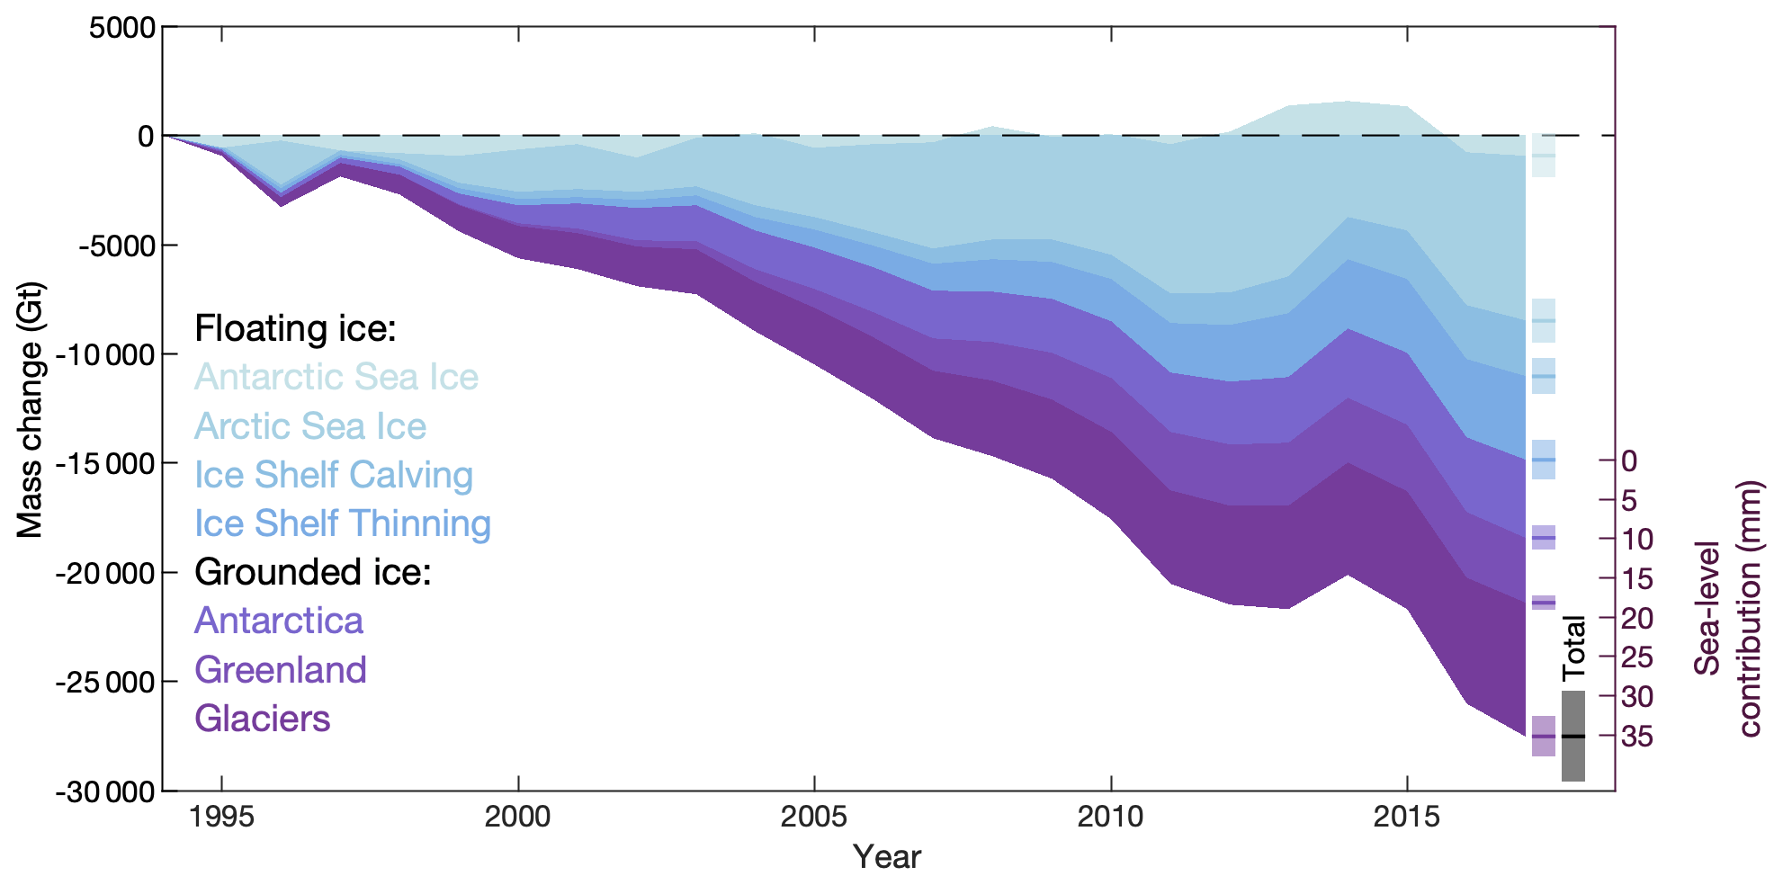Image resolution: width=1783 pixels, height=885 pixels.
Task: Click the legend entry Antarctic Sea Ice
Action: (x=336, y=377)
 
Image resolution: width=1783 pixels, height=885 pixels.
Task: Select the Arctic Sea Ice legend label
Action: (x=310, y=426)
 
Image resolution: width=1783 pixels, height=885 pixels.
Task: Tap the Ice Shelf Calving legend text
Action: (x=334, y=475)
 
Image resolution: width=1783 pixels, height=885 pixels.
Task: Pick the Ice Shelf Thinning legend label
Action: (x=343, y=523)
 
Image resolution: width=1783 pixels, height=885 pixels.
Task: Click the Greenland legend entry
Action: (x=281, y=670)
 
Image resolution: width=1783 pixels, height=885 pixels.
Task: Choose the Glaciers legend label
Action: (x=263, y=719)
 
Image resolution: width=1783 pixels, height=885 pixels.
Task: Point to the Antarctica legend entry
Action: (x=279, y=621)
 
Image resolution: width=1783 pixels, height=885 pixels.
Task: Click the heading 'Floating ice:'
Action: (x=295, y=328)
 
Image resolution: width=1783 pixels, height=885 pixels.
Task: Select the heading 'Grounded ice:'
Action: (x=313, y=572)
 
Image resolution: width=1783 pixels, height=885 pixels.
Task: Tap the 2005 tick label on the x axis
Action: (x=814, y=817)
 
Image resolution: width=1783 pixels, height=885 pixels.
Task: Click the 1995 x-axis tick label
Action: (x=221, y=817)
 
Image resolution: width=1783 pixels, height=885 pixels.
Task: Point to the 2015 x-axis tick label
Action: (x=1407, y=817)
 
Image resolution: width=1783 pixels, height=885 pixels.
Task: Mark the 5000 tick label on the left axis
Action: (x=122, y=28)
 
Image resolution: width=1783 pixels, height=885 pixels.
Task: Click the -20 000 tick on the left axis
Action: (x=104, y=573)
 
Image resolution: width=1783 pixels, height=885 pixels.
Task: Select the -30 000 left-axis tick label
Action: (x=104, y=792)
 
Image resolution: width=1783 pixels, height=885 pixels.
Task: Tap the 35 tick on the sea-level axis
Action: (x=1637, y=737)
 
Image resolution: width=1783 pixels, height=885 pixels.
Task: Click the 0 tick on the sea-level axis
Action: (x=1629, y=460)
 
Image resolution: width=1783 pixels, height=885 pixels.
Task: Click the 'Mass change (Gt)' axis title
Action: (x=30, y=410)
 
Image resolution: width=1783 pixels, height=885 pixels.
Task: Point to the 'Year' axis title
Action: (x=887, y=857)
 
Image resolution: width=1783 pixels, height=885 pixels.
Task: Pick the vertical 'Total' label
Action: (x=1573, y=648)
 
